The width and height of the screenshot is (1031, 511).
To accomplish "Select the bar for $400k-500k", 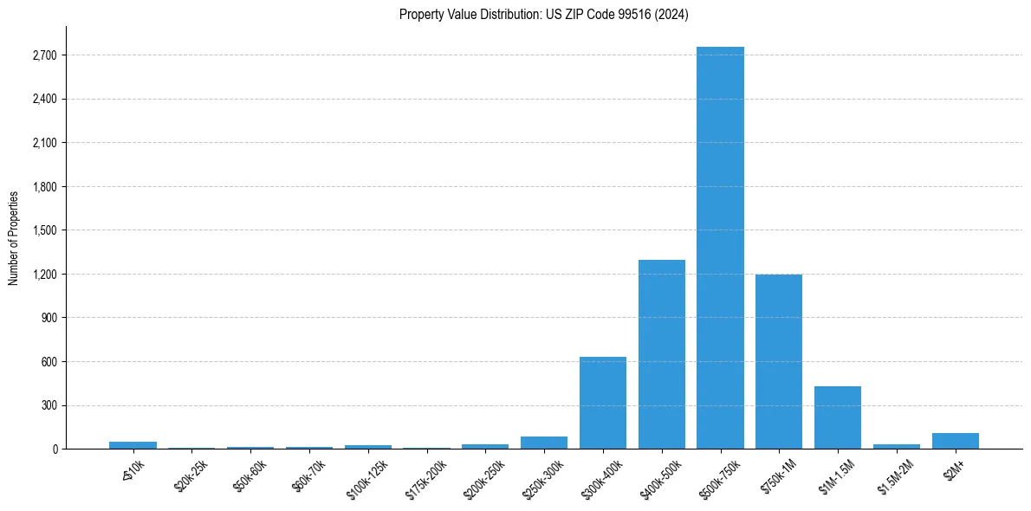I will click(662, 354).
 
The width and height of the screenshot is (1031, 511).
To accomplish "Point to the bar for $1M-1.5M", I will click(838, 417).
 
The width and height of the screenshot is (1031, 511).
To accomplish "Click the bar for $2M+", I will click(956, 441).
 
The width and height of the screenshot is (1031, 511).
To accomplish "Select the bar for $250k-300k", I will click(544, 443).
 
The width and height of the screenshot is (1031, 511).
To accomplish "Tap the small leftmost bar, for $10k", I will click(133, 445).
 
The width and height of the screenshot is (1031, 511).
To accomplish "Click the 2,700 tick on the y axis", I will click(43, 55).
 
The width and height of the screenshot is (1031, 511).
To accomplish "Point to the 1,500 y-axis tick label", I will click(43, 230).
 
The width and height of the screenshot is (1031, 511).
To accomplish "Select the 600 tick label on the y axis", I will click(49, 362).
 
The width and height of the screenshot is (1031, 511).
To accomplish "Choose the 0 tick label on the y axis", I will click(54, 450).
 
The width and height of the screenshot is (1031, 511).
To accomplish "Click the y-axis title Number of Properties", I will click(14, 237).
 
